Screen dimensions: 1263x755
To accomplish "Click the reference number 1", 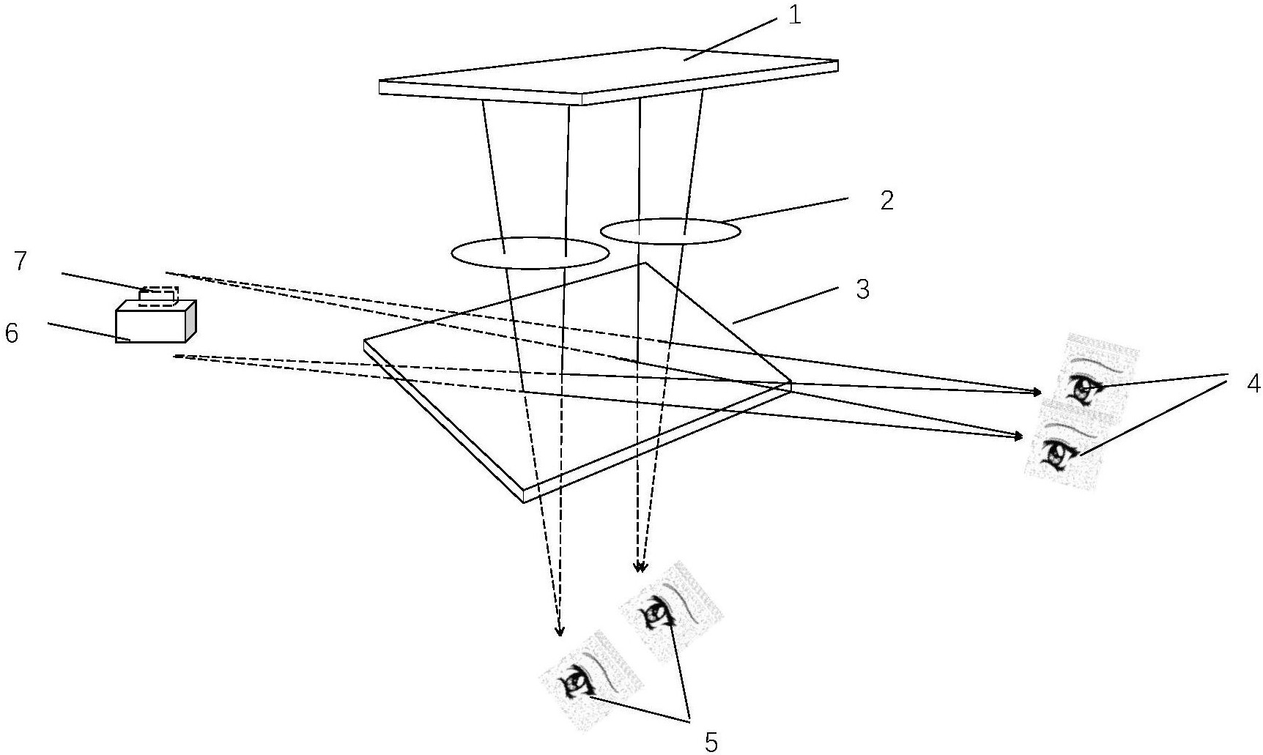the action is pos(795,15).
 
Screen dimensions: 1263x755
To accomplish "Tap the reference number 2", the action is pos(886,201).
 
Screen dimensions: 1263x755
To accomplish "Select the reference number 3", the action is pos(863,289).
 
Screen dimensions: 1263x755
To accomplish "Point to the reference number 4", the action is pos(1253,383).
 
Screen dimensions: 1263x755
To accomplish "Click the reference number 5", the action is pos(710,742).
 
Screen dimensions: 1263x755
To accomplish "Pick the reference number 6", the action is pos(12,333).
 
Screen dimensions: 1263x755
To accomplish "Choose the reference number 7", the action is pos(21,262).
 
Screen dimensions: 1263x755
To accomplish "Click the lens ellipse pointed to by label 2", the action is pos(670,231).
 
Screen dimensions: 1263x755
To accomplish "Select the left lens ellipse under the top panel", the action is pos(530,253).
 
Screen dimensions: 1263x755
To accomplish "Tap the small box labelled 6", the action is pos(151,322).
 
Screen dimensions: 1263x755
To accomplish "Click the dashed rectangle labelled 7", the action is pos(158,295).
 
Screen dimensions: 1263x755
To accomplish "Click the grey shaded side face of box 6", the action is pos(190,321).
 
